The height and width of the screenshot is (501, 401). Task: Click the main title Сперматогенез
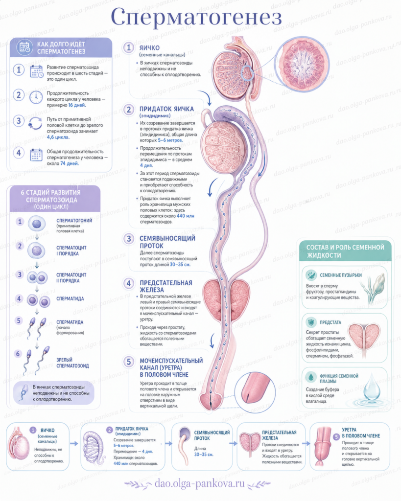click(196, 17)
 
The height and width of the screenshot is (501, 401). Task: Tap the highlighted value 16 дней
click(77, 105)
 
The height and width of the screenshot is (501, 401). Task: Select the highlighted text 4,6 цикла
click(58, 137)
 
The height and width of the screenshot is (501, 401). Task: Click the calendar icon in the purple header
click(24, 47)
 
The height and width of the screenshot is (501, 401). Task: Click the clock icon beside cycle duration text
click(36, 97)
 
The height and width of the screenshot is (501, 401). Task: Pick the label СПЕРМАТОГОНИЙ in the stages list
click(74, 221)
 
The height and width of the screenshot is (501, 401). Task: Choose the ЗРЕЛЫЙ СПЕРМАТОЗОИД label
click(72, 363)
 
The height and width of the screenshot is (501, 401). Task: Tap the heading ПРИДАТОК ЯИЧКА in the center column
click(166, 109)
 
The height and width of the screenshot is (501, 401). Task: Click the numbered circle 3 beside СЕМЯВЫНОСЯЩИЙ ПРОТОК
click(129, 239)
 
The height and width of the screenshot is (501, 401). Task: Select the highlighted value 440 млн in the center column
click(185, 216)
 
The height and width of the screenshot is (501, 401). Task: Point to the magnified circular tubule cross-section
click(303, 64)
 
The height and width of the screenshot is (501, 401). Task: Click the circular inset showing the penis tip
click(255, 393)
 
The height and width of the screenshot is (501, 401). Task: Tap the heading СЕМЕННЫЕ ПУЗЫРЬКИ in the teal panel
click(341, 275)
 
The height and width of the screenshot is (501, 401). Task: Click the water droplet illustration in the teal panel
click(372, 387)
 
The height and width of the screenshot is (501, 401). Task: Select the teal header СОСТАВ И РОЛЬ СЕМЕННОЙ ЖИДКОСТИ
click(345, 251)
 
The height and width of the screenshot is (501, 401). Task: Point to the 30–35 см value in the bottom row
click(204, 455)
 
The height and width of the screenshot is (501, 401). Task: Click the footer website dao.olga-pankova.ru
click(200, 483)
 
